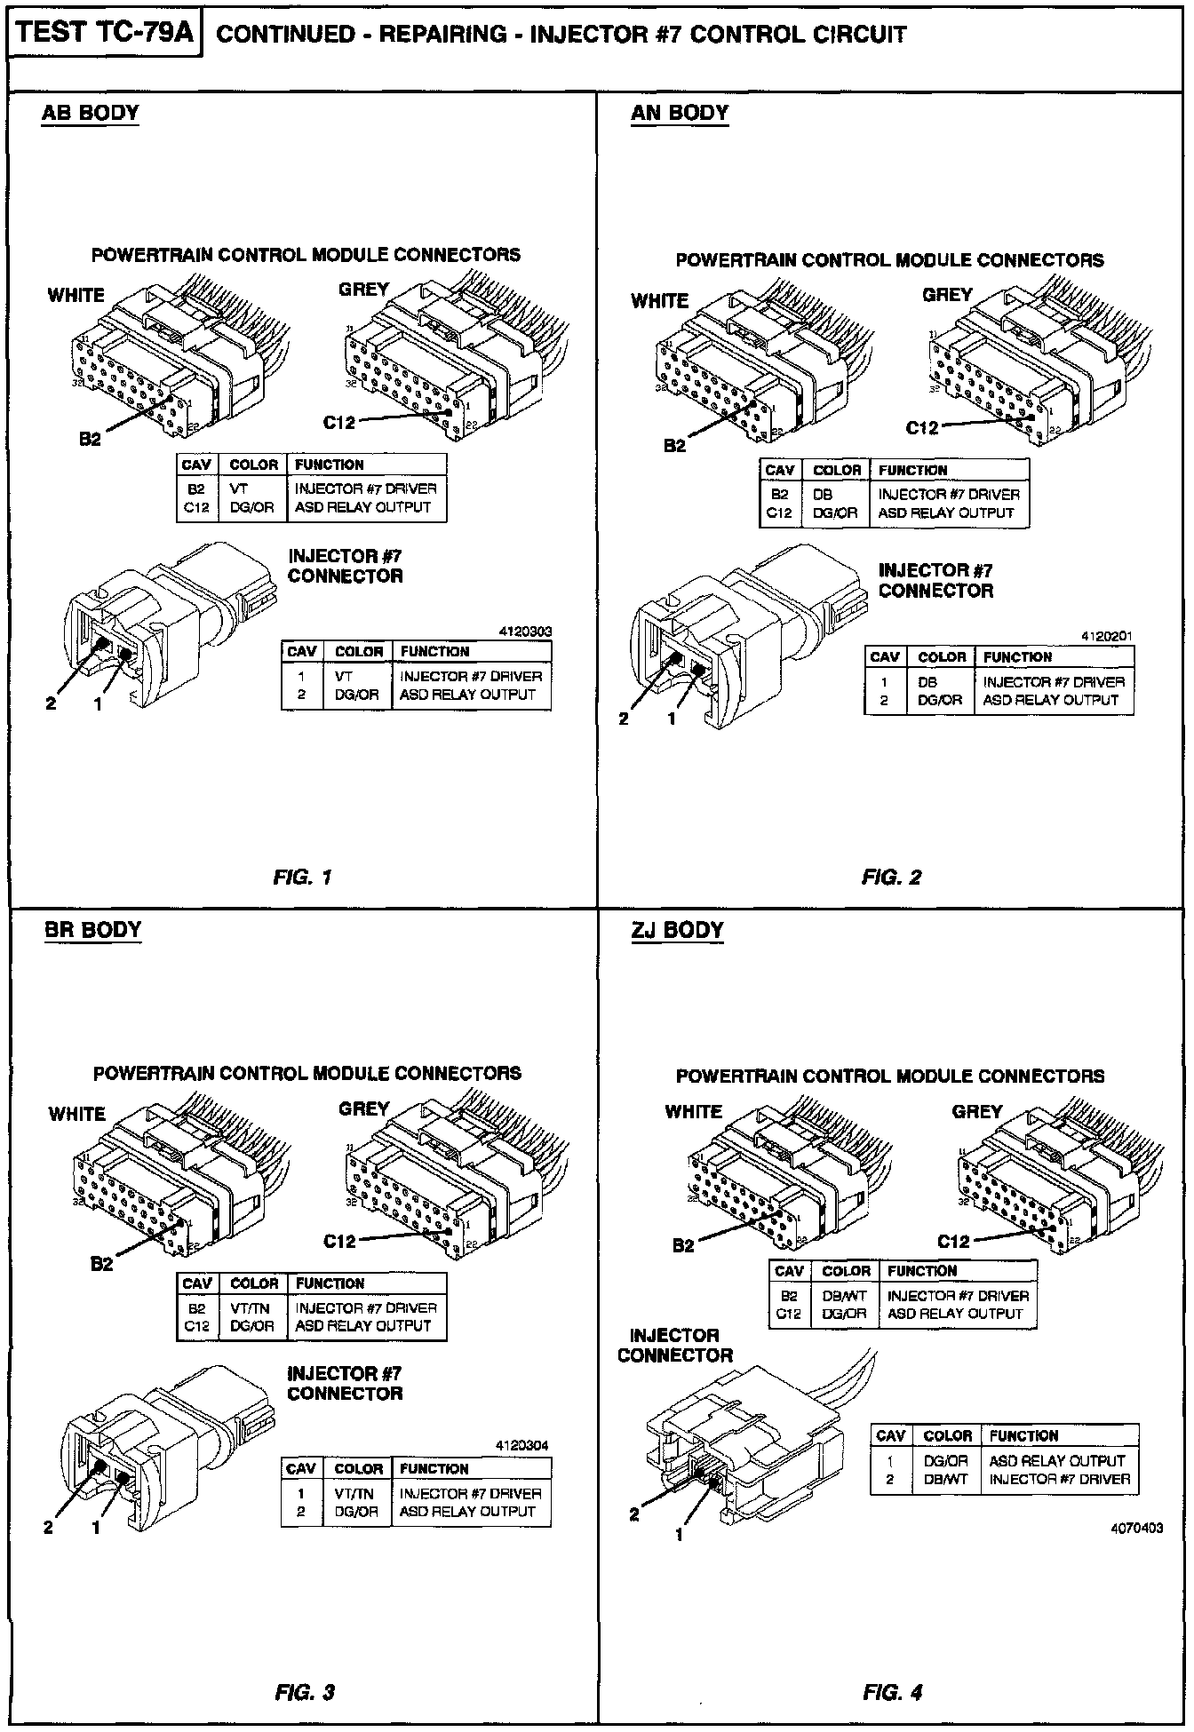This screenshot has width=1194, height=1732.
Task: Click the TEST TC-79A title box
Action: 105,34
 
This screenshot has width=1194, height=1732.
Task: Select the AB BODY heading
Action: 90,114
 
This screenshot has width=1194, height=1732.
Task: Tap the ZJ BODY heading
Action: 677,931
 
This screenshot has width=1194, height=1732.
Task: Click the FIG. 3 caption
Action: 304,1693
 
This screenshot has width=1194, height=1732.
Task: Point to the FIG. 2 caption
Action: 891,878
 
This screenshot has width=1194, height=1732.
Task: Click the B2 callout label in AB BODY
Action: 90,439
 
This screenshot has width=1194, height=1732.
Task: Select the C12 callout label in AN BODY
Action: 922,428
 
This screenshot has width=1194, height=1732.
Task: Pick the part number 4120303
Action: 525,632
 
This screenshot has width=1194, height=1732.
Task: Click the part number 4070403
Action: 1136,1529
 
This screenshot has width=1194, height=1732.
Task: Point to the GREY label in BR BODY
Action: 364,1108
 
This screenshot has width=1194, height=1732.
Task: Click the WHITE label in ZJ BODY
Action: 693,1111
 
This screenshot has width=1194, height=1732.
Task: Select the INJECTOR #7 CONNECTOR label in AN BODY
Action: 935,581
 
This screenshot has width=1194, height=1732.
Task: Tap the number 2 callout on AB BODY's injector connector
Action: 51,703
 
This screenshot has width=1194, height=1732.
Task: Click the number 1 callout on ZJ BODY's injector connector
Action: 680,1535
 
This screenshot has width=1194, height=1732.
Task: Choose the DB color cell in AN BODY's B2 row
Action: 823,495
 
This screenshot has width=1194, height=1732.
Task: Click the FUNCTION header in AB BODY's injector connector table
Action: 434,651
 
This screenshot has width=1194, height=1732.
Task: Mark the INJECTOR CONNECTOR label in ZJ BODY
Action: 675,1346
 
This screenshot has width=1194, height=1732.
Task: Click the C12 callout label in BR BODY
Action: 339,1242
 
